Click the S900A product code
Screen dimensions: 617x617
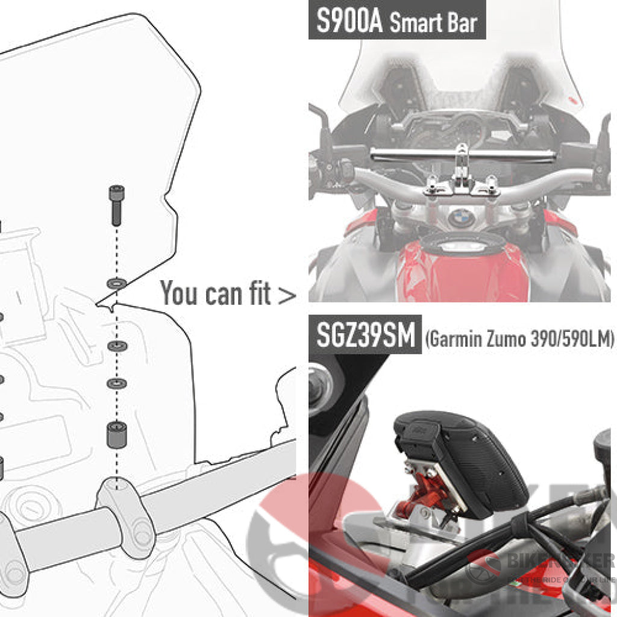point(349,22)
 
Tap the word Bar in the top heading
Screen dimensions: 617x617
point(461,23)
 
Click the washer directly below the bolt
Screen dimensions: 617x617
point(115,282)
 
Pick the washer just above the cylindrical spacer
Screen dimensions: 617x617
point(115,383)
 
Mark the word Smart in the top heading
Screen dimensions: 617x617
point(416,23)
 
